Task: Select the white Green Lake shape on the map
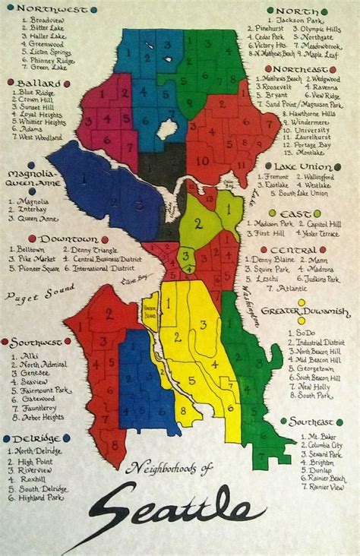pyautogui.click(x=167, y=128)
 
